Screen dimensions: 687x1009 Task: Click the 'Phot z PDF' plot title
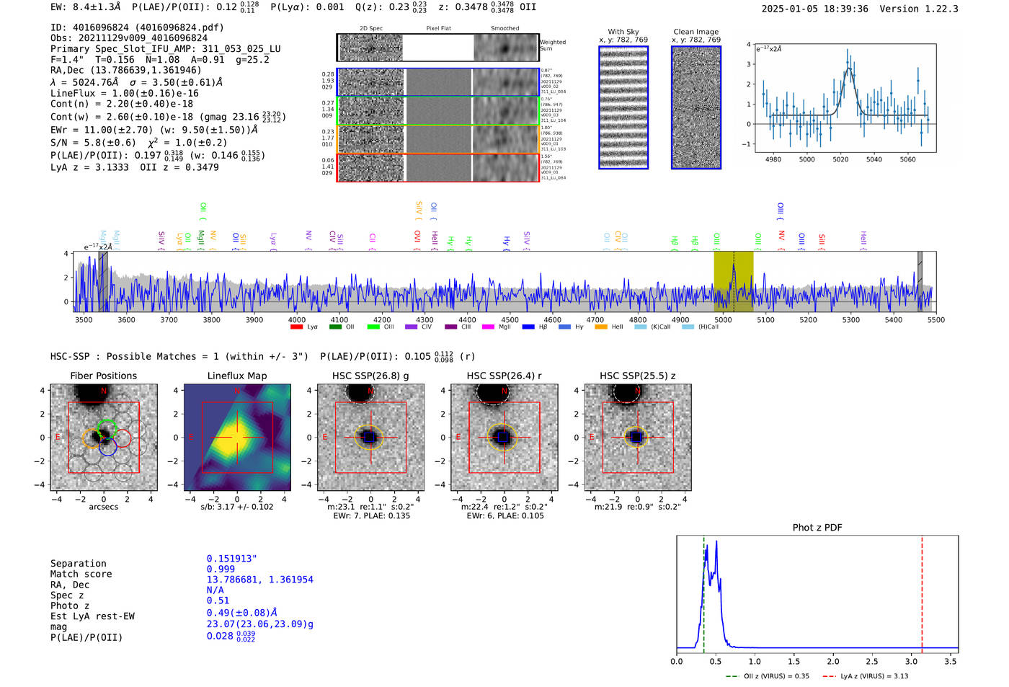pos(817,527)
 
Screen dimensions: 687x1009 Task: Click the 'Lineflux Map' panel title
pos(236,376)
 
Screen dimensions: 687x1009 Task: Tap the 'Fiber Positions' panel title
pos(103,376)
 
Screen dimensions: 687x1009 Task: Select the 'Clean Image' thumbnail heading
pos(695,32)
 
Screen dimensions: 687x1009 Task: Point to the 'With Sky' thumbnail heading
pos(623,32)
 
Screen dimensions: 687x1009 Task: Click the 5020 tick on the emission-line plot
pos(840,159)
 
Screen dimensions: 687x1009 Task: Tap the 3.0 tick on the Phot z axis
pos(911,661)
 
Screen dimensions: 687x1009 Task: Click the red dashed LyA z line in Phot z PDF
pos(922,591)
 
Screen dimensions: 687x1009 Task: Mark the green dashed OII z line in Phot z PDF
pos(703,591)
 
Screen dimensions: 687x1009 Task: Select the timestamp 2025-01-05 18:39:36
pos(814,9)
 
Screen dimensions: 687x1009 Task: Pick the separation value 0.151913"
pos(231,559)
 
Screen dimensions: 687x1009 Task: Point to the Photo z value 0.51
pos(218,600)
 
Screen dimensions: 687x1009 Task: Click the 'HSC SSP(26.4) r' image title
pos(504,376)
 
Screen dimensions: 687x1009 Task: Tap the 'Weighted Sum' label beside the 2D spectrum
pos(553,45)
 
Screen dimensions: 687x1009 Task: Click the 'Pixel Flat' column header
pos(438,28)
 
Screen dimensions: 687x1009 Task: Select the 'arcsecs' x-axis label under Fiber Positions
pos(103,507)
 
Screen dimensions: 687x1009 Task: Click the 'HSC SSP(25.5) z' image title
pos(637,376)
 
